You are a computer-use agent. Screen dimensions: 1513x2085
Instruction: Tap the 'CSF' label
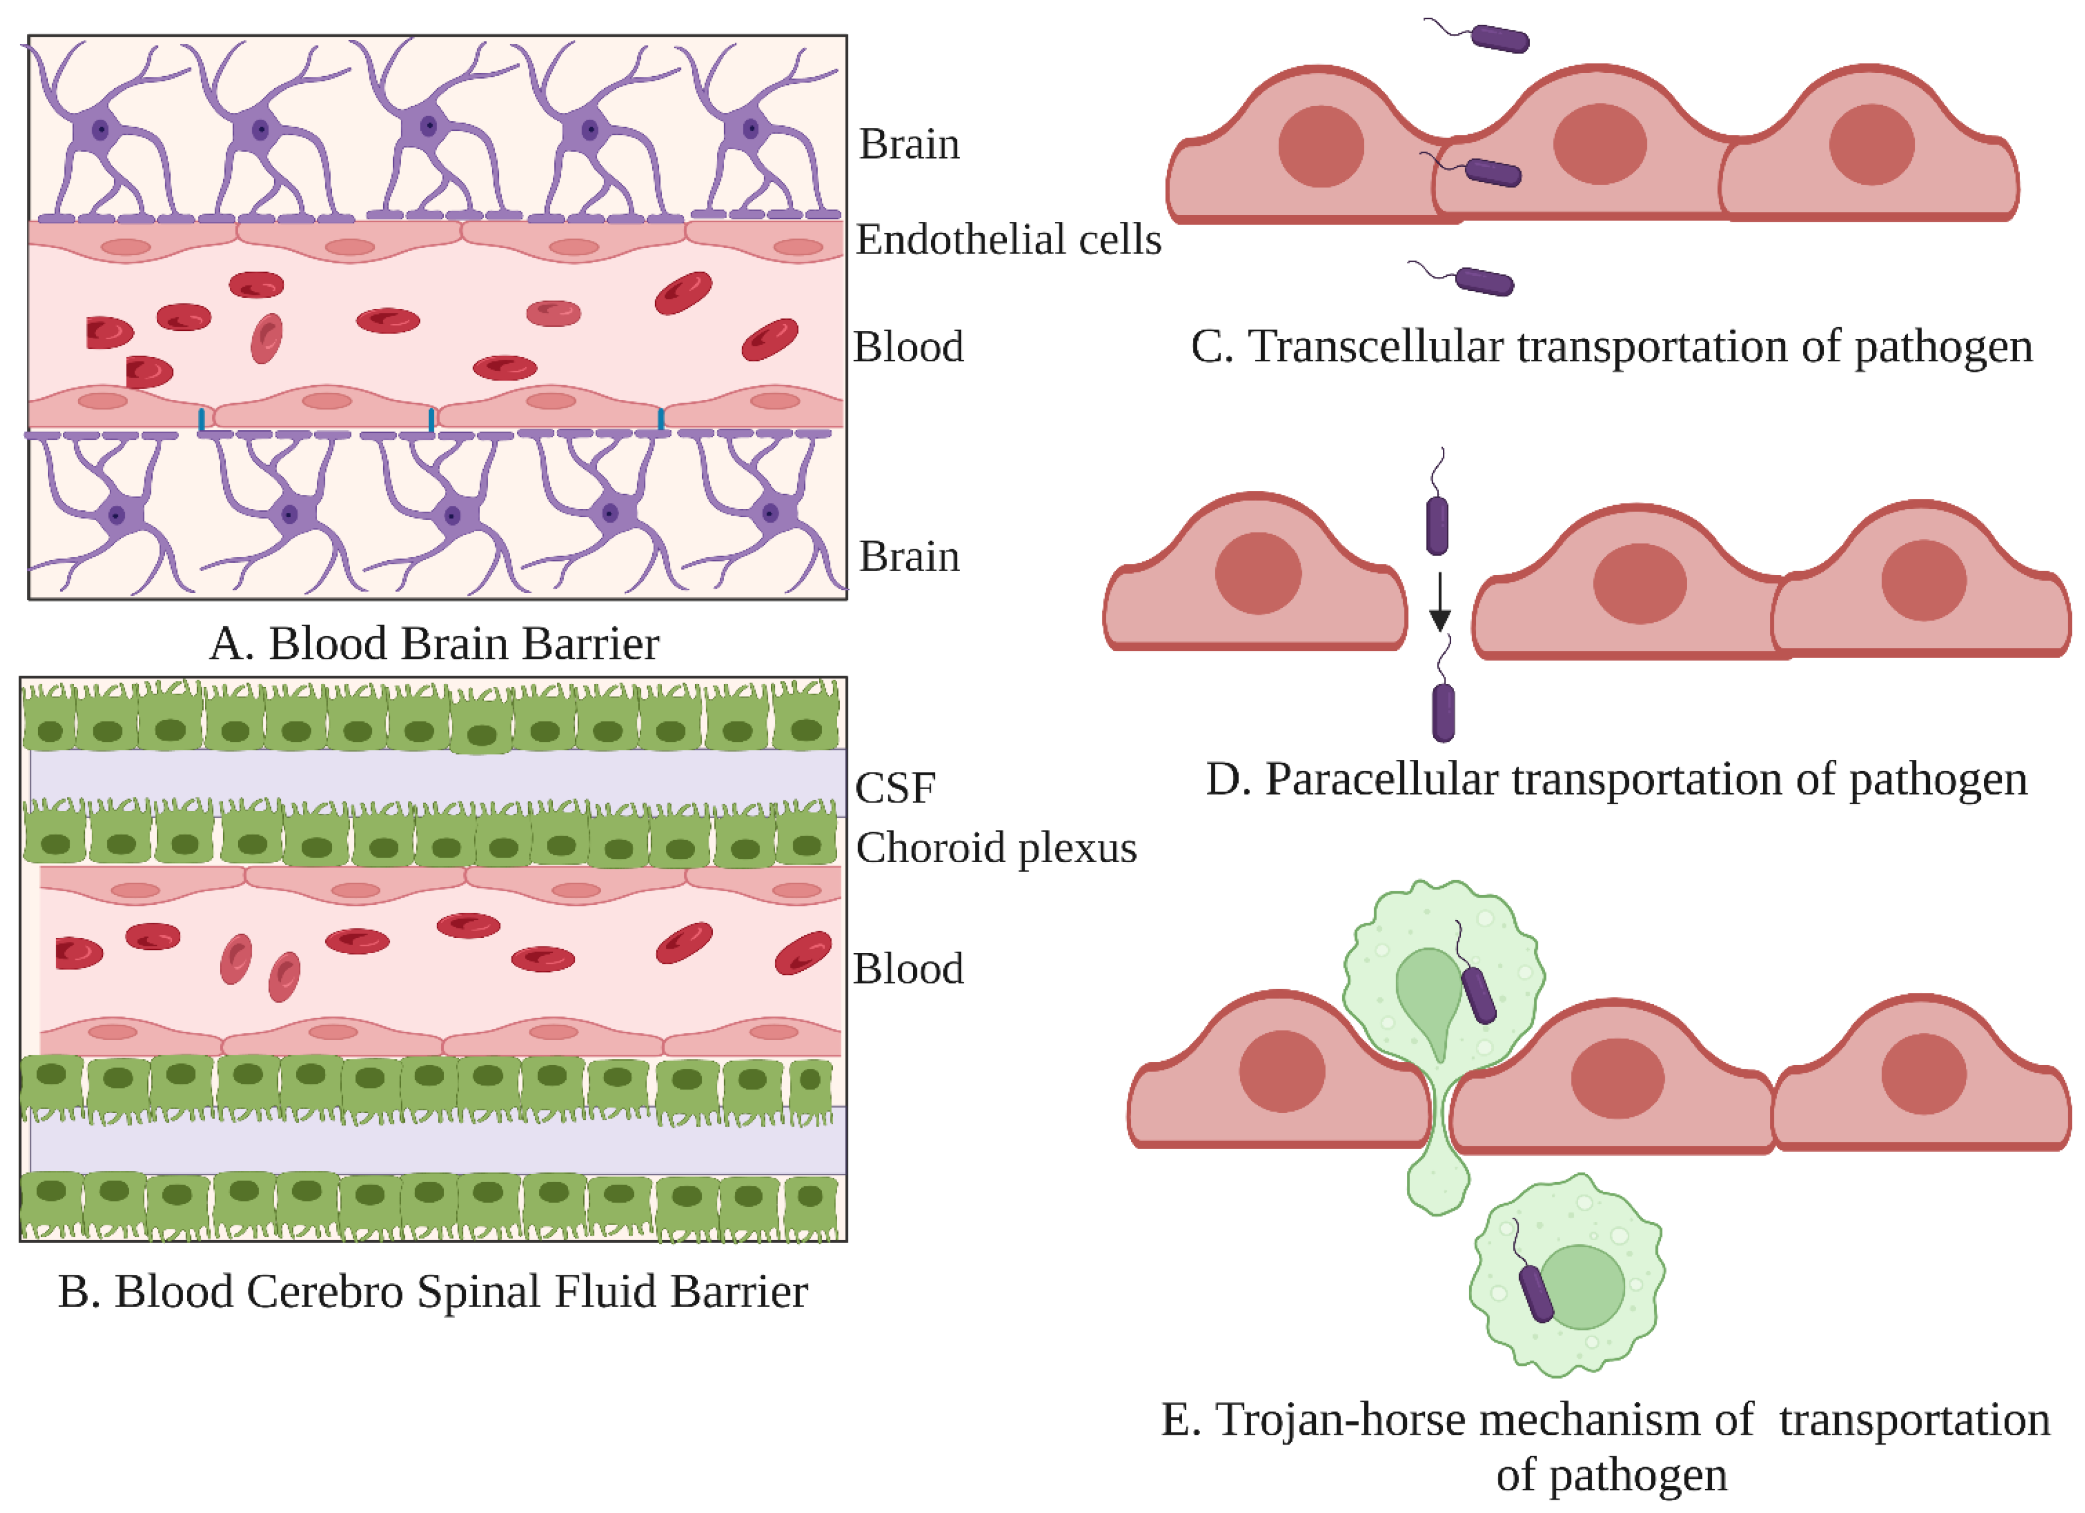(894, 788)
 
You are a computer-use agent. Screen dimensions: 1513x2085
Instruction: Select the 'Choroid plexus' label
(996, 847)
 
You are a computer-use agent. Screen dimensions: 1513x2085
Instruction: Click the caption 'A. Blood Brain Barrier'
(434, 644)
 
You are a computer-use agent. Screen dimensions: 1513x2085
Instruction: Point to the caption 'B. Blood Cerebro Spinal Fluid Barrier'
(432, 1292)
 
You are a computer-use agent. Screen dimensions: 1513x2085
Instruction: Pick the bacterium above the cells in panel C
(1500, 39)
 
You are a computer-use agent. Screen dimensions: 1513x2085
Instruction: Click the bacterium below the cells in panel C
(1485, 281)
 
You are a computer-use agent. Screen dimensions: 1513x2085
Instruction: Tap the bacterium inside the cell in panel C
(1492, 172)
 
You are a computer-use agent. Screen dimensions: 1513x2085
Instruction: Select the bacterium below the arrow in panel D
(1443, 712)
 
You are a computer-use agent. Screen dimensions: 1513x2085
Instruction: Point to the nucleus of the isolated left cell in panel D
(1257, 573)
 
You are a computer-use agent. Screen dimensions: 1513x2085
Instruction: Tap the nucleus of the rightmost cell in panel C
(1871, 144)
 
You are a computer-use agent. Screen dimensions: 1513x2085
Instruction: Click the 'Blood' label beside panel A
(909, 348)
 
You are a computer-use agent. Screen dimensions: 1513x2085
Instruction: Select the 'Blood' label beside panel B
(909, 969)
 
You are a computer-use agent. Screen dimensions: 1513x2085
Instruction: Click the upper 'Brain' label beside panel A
(909, 144)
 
